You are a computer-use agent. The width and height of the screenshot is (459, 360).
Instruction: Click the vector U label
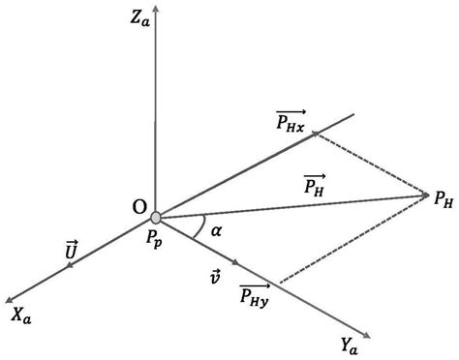coord(71,251)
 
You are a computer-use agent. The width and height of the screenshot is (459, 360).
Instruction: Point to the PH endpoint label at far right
coord(443,200)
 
